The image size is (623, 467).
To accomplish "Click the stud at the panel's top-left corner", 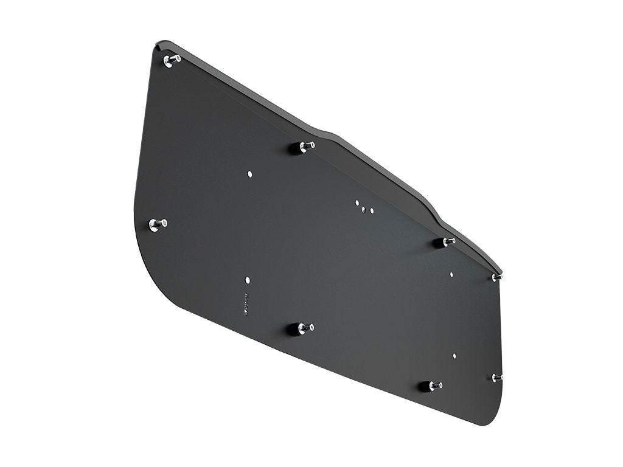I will pos(172,60).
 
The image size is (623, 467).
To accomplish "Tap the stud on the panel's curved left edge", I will pos(158,224).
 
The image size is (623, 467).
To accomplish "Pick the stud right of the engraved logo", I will pos(305,328).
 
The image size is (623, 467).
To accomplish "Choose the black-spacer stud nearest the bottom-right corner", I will pos(431,386).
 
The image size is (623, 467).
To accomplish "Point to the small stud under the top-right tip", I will pos(497,277).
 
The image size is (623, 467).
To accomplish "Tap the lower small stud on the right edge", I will pos(497,378).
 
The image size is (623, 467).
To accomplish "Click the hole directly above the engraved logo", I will pos(247,280).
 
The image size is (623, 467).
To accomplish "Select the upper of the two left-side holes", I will pos(249,174).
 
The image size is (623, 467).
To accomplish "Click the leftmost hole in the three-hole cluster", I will pos(357,202).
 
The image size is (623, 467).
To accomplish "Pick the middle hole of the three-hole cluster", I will pos(364,209).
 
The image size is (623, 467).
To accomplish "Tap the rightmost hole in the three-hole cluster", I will pos(371,211).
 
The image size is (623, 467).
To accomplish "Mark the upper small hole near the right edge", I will pos(451,274).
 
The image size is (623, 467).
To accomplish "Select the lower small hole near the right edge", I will pos(454,355).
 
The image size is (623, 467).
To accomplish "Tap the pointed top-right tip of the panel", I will pos(501,271).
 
